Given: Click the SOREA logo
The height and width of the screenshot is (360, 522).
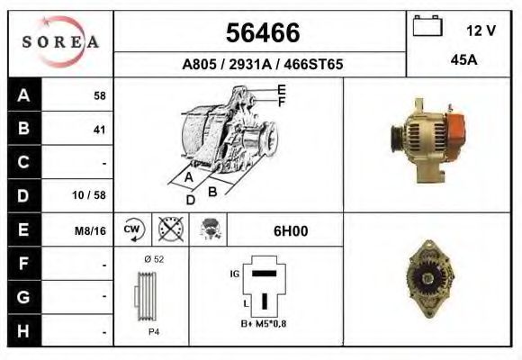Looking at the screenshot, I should pyautogui.click(x=60, y=42).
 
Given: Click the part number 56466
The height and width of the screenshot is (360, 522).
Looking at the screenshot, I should pyautogui.click(x=261, y=34).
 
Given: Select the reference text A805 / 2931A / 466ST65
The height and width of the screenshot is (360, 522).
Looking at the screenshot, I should pyautogui.click(x=262, y=66).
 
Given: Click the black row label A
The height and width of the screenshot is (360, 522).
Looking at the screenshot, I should pyautogui.click(x=23, y=95).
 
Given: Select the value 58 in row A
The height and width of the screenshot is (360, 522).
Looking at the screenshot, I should pyautogui.click(x=99, y=95).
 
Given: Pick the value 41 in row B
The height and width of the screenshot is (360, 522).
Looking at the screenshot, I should pyautogui.click(x=99, y=130).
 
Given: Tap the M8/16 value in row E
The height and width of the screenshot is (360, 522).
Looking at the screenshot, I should pyautogui.click(x=92, y=230).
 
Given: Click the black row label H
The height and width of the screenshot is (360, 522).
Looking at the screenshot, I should pyautogui.click(x=23, y=330).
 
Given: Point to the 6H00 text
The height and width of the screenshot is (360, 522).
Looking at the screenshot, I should pyautogui.click(x=290, y=230).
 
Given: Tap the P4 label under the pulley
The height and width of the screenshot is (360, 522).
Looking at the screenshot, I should pyautogui.click(x=154, y=330).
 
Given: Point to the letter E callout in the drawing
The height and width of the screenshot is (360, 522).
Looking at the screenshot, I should pyautogui.click(x=282, y=89).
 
